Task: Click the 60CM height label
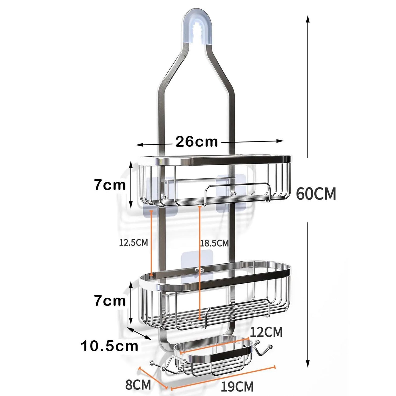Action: pos(316,194)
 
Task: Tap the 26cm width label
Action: pos(196,142)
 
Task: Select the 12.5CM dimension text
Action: pos(133,243)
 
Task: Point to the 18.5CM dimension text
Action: pos(214,243)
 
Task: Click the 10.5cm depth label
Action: pos(109,346)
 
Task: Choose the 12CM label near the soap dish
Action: pos(266,332)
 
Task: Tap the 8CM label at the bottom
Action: pos(138,384)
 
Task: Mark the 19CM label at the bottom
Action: pos(237,387)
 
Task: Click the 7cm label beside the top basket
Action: pos(110,185)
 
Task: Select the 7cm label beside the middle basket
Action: pos(110,301)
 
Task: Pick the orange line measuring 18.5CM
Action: pos(200,263)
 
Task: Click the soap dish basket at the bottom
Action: pos(214,356)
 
